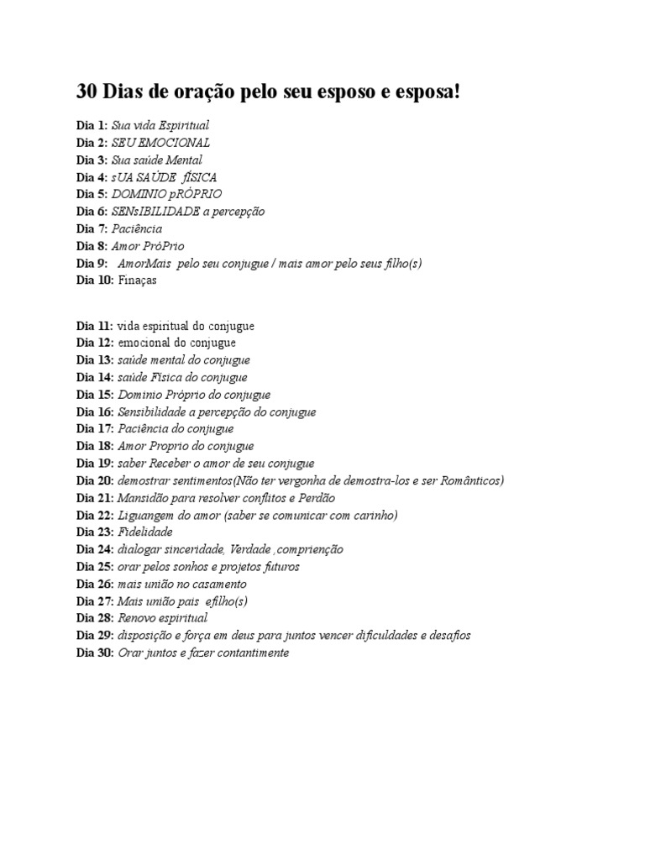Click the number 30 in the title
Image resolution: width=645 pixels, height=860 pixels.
click(87, 92)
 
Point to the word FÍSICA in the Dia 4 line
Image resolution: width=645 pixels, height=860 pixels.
click(198, 177)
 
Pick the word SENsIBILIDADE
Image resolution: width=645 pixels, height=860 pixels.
click(155, 212)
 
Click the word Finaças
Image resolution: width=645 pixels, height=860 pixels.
click(137, 281)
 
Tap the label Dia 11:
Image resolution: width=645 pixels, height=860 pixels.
click(95, 326)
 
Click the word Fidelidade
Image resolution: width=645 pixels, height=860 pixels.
click(145, 532)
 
